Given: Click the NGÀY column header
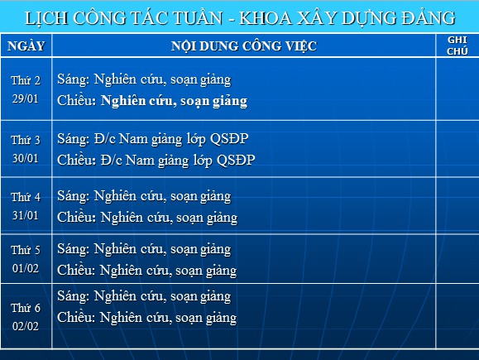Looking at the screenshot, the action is tap(26, 46).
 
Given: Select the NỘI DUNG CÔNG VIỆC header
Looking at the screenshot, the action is tap(244, 46).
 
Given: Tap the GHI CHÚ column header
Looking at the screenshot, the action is tap(457, 46).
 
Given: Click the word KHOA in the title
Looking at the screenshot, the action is tap(266, 17).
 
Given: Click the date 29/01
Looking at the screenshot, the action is tap(26, 98).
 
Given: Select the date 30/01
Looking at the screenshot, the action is tap(26, 158).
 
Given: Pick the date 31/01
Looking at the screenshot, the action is tap(26, 215).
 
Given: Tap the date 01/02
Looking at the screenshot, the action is tap(26, 268).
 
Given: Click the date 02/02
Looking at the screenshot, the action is tap(26, 326).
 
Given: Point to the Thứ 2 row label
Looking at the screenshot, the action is tap(26, 80).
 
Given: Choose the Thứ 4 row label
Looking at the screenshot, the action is tap(26, 197).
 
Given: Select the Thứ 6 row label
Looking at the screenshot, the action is tap(26, 308).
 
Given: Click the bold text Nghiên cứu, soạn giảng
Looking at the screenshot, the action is tap(174, 101).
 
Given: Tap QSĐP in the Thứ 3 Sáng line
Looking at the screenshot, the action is tap(229, 139).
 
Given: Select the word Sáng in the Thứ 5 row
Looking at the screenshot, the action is tap(74, 249).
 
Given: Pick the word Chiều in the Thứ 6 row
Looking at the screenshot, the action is tap(76, 317).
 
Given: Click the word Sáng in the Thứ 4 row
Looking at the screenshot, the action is tap(74, 196).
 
